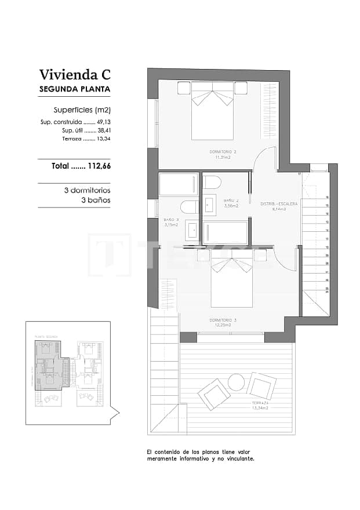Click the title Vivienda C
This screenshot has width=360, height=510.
74,74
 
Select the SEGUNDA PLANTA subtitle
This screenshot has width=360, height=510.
74,90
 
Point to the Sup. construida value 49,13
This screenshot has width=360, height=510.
103,122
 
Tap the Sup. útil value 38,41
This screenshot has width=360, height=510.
103,130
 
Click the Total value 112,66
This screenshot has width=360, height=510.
98,166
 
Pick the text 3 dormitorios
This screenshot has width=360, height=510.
87,190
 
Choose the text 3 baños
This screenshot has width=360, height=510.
95,200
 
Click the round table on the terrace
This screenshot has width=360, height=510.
236,382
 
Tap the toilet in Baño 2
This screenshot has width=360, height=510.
212,182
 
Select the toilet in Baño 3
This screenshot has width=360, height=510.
189,207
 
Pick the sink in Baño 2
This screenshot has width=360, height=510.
210,205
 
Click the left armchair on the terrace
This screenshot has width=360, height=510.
214,394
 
